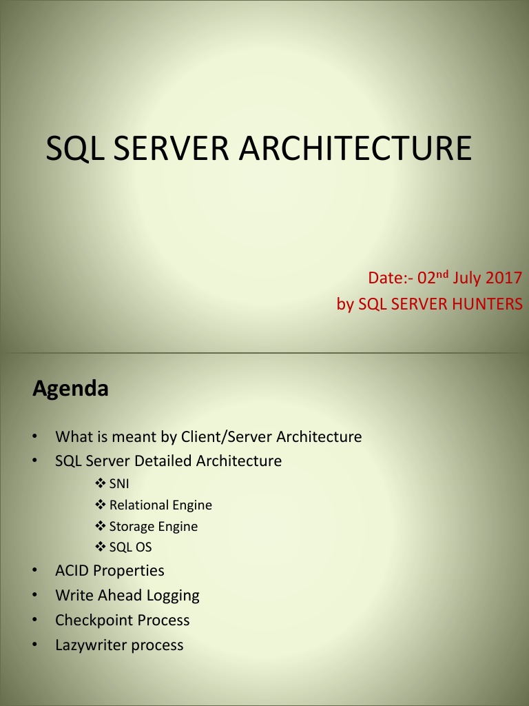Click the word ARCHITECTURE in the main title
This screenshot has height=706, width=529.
(355, 148)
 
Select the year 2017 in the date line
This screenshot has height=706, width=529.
(504, 279)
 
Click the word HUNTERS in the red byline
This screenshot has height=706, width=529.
(485, 303)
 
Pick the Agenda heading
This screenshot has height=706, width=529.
(70, 389)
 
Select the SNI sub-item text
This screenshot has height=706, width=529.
(119, 483)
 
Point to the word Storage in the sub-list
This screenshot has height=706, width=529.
(132, 527)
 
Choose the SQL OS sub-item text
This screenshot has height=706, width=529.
(130, 547)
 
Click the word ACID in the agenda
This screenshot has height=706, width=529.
(72, 571)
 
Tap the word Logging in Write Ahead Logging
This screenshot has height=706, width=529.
(172, 595)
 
